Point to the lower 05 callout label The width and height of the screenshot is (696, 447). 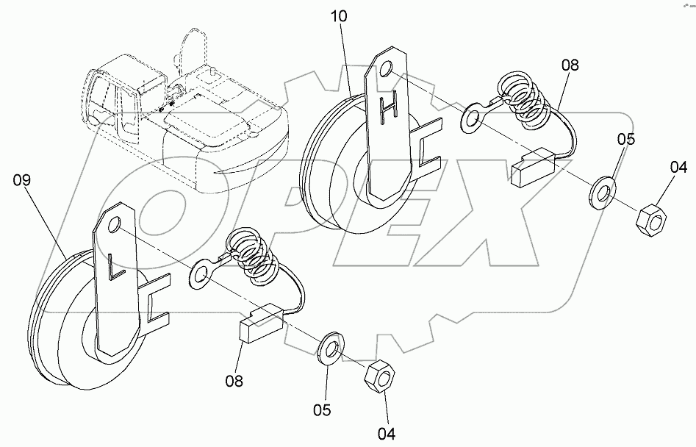coord(323,409)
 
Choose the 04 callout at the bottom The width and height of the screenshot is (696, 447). coord(387,435)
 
